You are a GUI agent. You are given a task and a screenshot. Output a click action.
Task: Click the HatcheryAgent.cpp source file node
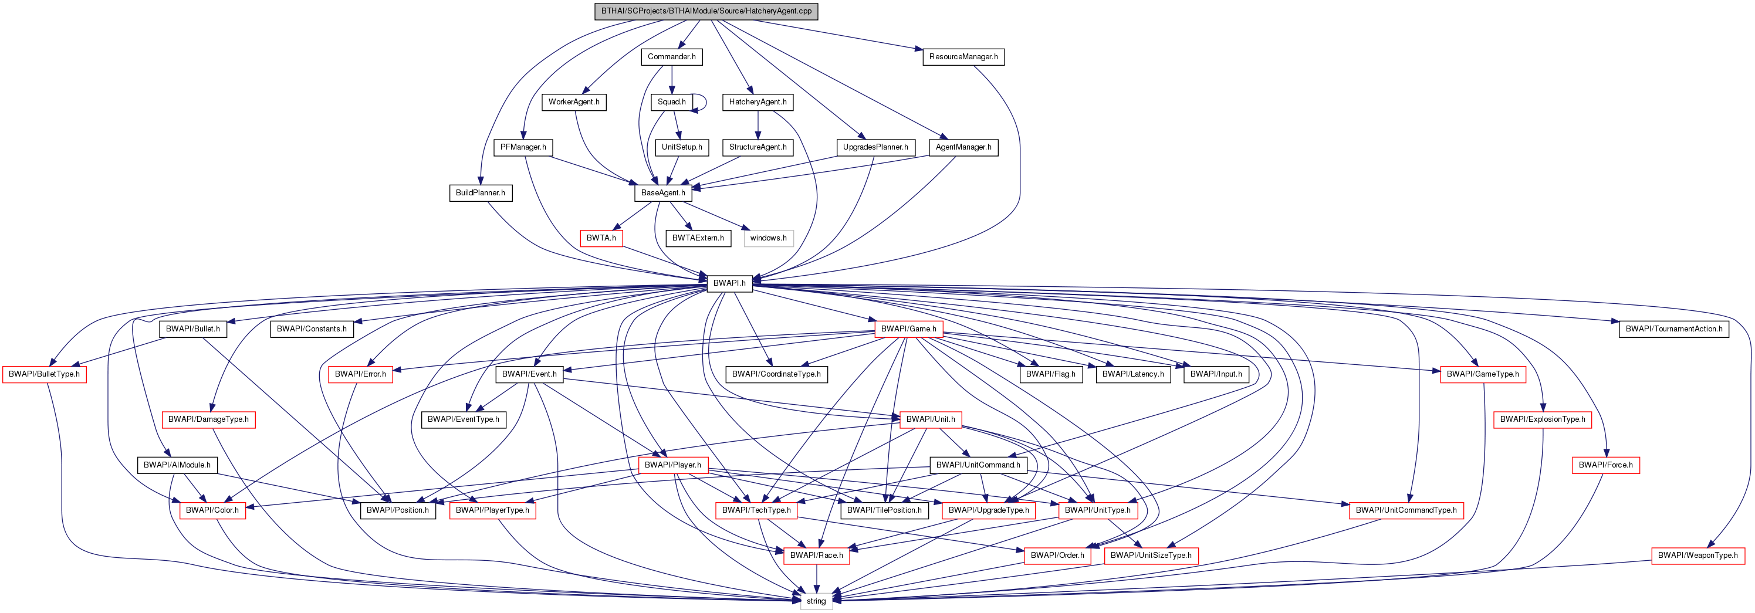click(706, 12)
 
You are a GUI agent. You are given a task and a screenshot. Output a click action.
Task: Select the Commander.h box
click(671, 56)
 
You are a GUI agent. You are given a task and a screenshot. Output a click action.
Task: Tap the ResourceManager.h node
click(963, 56)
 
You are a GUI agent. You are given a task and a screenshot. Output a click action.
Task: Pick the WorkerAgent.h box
click(574, 102)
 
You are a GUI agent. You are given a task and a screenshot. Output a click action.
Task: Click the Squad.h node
click(671, 102)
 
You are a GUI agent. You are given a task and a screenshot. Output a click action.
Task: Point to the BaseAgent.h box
click(663, 193)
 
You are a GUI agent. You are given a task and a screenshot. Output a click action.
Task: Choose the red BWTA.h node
click(601, 238)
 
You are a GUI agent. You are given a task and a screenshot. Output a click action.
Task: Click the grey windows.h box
click(768, 238)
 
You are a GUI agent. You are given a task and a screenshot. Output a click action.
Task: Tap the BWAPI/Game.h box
click(908, 329)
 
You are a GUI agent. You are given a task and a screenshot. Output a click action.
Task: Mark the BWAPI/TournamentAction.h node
click(1673, 329)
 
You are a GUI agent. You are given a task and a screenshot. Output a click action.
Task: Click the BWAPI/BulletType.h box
click(44, 374)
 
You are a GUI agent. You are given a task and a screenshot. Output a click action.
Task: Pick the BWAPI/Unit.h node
click(930, 419)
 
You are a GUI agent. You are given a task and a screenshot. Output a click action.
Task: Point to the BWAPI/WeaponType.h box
click(1697, 555)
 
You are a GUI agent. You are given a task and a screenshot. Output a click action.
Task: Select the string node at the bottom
click(816, 601)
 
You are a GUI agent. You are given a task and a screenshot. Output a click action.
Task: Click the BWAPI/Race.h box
click(816, 555)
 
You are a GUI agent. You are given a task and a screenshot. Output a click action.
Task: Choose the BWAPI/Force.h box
click(1605, 465)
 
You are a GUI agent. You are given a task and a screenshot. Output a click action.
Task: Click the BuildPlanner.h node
click(481, 193)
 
